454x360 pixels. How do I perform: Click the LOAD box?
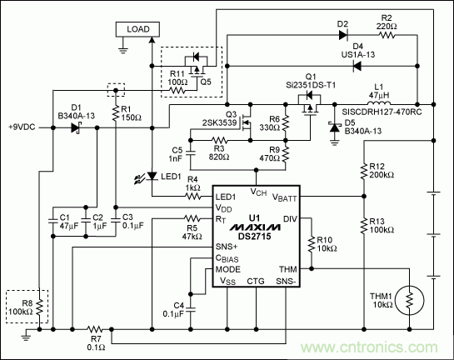point(137,29)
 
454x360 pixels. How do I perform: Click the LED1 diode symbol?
point(152,177)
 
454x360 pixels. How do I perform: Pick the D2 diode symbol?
point(342,36)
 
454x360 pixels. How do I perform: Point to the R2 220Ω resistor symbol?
point(386,36)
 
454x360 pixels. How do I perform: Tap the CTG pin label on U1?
point(255,281)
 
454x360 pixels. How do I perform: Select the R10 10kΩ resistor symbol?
point(312,243)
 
